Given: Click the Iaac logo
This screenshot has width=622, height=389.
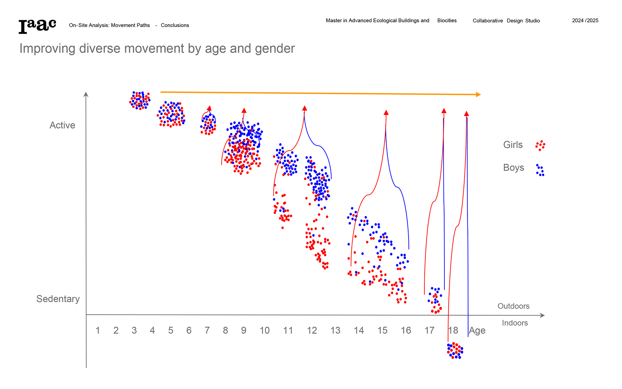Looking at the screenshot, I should [37, 26].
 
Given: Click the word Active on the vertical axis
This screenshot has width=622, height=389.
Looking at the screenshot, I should [62, 125].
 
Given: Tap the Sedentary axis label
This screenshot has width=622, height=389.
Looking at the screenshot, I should [58, 299].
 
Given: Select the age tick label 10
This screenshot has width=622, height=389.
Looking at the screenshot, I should [265, 330].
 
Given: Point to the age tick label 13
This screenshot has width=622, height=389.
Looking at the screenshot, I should [335, 330].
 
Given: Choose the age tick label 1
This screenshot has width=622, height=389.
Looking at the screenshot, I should [98, 330].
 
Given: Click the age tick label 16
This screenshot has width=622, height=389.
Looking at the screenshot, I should [406, 330].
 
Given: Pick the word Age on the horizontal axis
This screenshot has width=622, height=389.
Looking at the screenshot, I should [477, 331].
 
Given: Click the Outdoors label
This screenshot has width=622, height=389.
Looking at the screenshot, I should [513, 306].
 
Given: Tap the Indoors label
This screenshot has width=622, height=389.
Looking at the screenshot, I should [515, 323].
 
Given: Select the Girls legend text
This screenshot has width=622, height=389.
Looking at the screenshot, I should [513, 145].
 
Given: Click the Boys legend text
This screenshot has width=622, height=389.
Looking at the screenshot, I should [513, 168].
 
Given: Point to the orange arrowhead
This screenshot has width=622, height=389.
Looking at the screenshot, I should [478, 94].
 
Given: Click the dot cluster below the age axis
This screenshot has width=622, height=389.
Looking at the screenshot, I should [455, 351].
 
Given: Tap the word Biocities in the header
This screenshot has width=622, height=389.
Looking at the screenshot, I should [447, 20].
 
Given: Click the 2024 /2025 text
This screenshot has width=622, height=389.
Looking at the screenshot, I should [585, 20].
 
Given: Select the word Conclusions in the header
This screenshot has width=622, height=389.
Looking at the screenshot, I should [175, 25].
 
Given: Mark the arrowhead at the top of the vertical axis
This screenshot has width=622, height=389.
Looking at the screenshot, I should [86, 94].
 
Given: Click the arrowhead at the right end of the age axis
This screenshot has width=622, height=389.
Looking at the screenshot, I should [542, 315].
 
